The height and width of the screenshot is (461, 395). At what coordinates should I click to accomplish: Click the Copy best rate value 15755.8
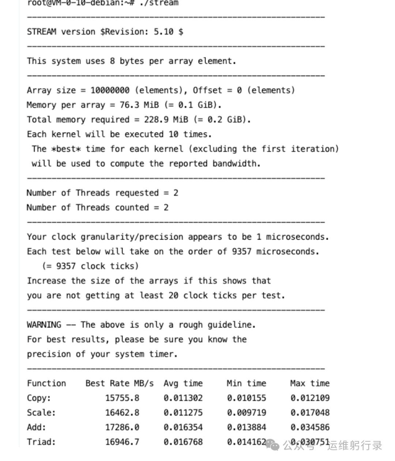click(x=122, y=398)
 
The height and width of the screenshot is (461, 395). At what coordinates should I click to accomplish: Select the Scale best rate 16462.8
click(x=122, y=413)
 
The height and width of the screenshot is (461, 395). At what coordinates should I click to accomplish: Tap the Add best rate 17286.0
click(x=122, y=427)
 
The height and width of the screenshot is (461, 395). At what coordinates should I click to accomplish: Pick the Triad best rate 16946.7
click(x=122, y=442)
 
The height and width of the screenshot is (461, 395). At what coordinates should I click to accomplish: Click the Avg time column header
click(x=183, y=383)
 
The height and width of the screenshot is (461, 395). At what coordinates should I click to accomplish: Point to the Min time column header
click(x=246, y=383)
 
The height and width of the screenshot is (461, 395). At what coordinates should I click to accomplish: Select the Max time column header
click(x=310, y=383)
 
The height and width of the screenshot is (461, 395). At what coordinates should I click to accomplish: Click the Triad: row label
click(x=41, y=442)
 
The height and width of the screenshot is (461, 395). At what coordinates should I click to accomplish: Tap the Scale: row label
click(x=41, y=413)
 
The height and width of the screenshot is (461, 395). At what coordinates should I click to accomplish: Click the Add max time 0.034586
click(x=310, y=427)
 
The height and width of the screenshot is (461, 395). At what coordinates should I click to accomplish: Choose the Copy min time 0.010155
click(x=246, y=398)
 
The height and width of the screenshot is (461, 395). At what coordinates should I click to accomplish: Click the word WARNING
click(x=44, y=325)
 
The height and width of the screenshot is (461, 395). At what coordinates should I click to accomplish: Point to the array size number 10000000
click(x=110, y=90)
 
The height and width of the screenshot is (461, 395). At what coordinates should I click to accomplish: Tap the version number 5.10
click(x=163, y=32)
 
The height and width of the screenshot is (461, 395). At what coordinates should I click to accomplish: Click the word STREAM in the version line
click(x=41, y=32)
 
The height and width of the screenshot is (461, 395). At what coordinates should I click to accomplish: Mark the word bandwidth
click(x=236, y=164)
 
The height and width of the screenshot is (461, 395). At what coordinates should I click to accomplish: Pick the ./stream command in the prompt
click(x=159, y=3)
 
